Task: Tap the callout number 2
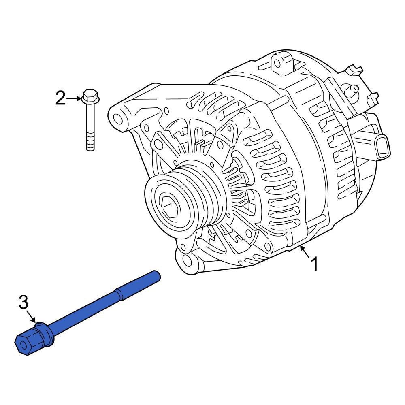click(60, 98)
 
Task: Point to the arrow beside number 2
click(74, 98)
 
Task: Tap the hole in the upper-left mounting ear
click(117, 119)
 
